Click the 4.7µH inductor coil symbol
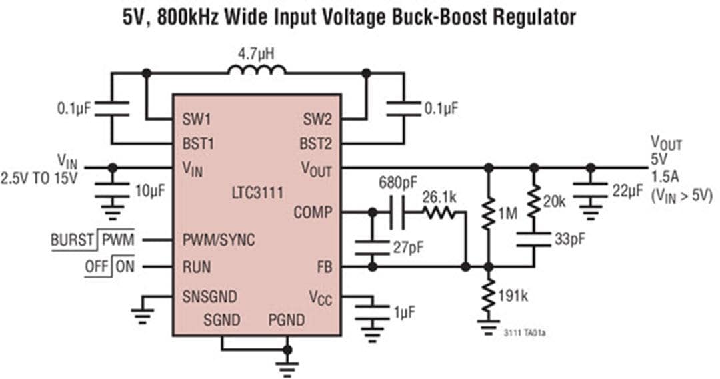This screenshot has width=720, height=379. click(x=257, y=70)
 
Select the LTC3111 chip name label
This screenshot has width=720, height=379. click(x=256, y=194)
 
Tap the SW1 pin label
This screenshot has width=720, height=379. click(x=198, y=120)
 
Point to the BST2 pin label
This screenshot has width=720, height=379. click(x=316, y=143)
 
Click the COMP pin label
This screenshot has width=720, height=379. click(x=313, y=213)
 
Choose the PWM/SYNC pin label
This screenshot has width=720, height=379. click(x=218, y=240)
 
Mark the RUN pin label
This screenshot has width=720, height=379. click(x=197, y=267)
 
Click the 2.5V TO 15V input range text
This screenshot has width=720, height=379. click(x=39, y=178)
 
